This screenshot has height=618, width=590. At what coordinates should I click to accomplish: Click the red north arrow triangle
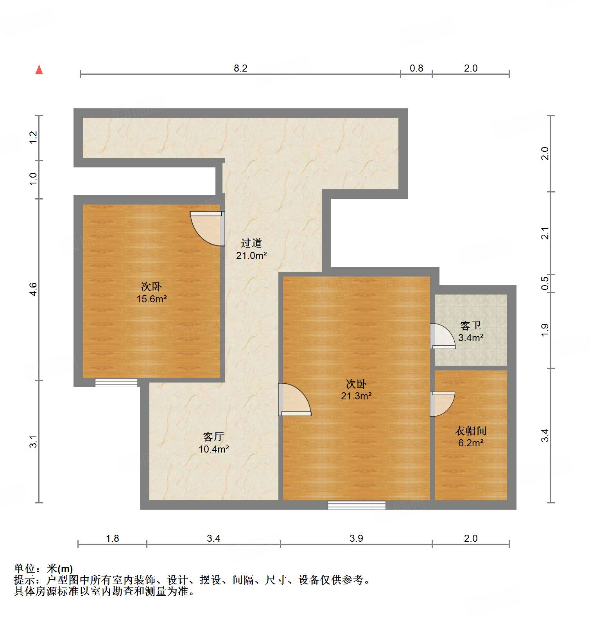[39, 70]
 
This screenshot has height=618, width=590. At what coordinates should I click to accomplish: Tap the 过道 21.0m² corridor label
[251, 249]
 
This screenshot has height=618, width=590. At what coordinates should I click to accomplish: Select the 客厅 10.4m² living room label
[213, 443]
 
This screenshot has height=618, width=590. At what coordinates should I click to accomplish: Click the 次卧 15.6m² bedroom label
[151, 293]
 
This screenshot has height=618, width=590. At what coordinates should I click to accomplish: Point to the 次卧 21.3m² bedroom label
[356, 390]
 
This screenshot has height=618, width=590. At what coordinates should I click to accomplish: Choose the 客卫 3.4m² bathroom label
[470, 331]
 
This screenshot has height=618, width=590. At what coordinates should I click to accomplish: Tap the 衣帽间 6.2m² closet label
[471, 437]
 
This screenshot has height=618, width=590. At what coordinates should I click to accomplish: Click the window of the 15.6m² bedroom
[116, 383]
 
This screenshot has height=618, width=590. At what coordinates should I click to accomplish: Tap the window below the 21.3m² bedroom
[356, 505]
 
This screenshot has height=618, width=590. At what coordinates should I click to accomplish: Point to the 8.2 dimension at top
[240, 68]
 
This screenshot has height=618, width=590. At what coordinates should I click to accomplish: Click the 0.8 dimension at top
[416, 68]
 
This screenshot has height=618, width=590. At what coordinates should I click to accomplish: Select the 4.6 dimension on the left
[33, 289]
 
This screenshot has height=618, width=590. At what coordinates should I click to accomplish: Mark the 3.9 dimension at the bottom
[356, 538]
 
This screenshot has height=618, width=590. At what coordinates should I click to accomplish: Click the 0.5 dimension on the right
[545, 283]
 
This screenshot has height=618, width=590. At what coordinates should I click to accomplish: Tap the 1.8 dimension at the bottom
[112, 538]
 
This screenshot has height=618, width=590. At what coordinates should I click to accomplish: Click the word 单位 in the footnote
[24, 568]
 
